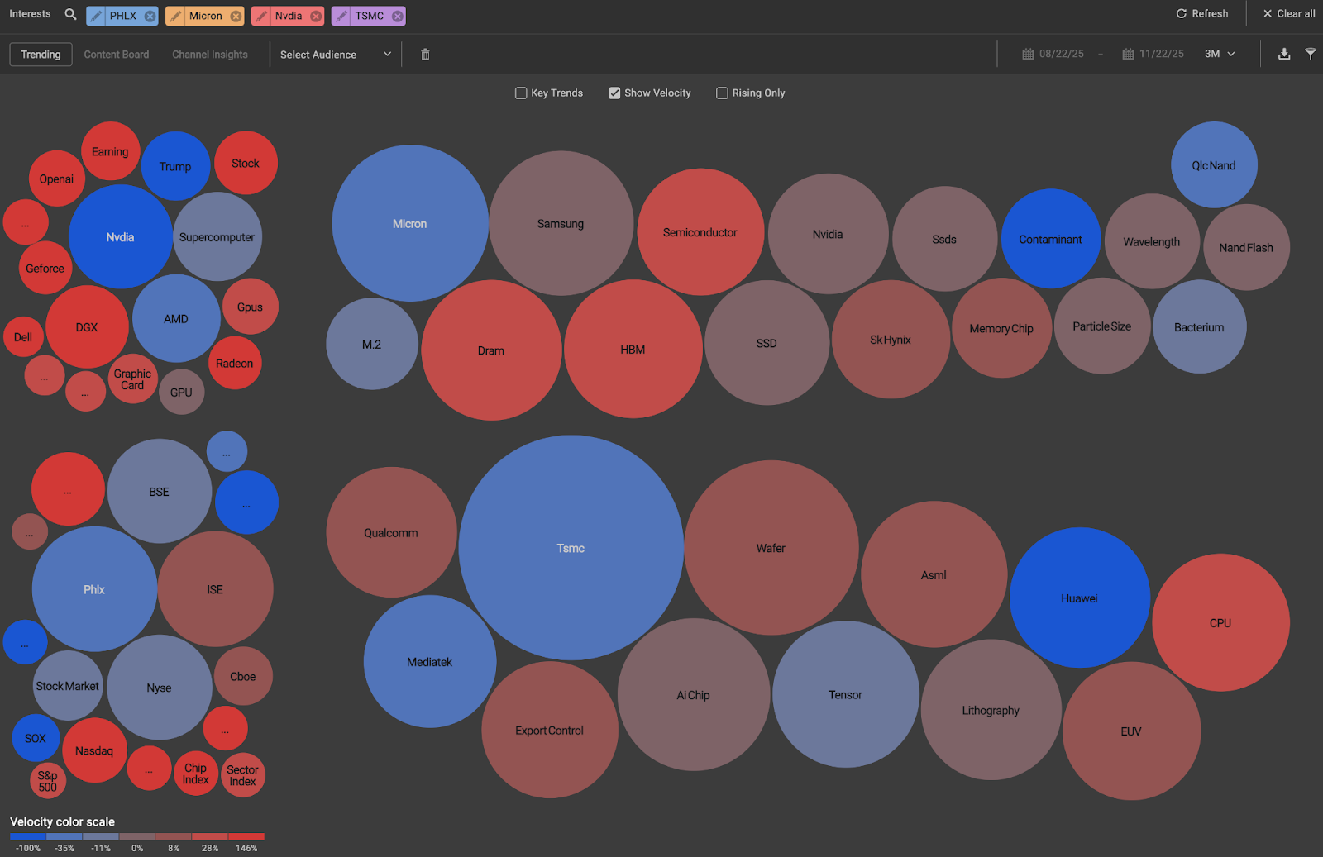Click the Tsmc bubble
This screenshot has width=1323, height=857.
[571, 548]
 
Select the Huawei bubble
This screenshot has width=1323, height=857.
[1079, 598]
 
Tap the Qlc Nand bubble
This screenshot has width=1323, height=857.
[1213, 165]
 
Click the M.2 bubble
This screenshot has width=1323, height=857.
[371, 345]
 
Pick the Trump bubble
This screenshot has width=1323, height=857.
[174, 166]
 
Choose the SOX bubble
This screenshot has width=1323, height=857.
[35, 738]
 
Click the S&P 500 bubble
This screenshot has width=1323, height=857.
[47, 781]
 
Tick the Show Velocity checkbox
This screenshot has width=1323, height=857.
[614, 93]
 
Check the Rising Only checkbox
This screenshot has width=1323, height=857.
[722, 93]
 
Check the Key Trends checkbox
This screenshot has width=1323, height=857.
[521, 93]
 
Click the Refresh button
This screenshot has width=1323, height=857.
[1202, 14]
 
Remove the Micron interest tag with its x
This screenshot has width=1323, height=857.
[236, 16]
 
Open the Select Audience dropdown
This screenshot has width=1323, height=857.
[335, 55]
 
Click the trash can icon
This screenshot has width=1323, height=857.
[425, 55]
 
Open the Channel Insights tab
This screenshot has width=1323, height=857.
[210, 55]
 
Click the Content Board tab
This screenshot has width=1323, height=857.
[117, 55]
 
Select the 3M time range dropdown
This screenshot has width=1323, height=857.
[1220, 54]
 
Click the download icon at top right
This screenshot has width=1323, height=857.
[1283, 54]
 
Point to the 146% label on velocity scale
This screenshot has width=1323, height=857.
[246, 848]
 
